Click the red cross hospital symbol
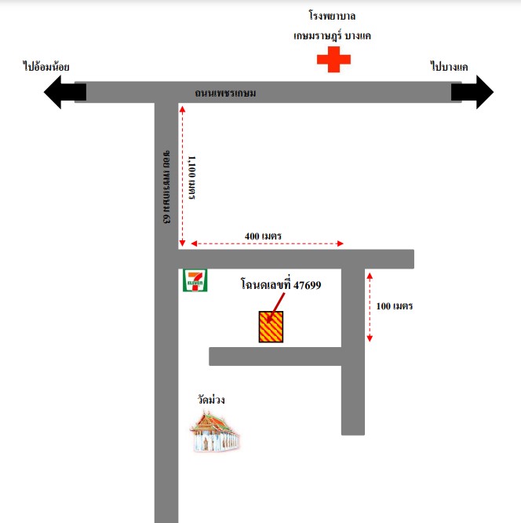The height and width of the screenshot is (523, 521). click(x=333, y=60)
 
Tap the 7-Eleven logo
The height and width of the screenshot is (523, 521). click(x=195, y=280)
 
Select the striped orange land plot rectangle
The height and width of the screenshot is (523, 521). click(x=271, y=327)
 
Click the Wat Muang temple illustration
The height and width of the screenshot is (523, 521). click(x=214, y=432)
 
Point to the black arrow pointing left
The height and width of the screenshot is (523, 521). click(x=65, y=92)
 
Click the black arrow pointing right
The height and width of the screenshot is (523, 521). click(x=472, y=92)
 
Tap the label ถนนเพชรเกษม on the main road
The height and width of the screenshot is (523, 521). click(x=225, y=93)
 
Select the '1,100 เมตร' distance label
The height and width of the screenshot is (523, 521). click(x=191, y=177)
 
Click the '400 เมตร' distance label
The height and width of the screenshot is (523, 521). click(x=263, y=236)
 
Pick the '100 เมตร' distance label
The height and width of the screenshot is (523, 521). click(x=395, y=305)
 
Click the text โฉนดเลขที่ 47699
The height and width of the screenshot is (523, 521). click(x=281, y=284)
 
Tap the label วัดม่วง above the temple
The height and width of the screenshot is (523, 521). click(x=211, y=399)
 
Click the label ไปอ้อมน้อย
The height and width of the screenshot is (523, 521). click(x=46, y=67)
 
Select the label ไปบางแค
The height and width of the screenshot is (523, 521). click(x=449, y=67)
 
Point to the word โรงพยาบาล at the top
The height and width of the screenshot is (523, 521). click(x=332, y=16)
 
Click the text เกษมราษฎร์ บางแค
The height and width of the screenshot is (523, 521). click(x=332, y=35)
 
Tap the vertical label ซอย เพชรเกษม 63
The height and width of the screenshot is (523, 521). click(x=166, y=187)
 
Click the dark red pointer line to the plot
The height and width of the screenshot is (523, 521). click(x=276, y=308)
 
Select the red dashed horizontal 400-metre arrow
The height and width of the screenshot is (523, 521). click(x=268, y=243)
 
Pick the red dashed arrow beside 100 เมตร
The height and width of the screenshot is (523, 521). click(x=370, y=307)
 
